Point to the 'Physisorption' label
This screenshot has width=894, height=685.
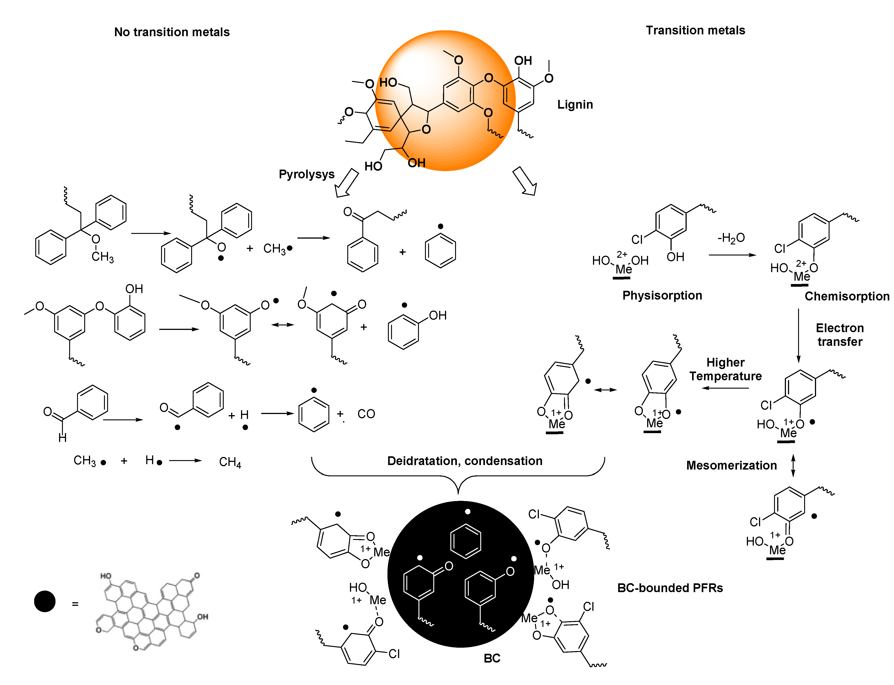662,295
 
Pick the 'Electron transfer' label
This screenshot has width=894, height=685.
839,335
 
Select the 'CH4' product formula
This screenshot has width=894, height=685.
230,462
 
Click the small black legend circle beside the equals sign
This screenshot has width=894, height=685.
44,601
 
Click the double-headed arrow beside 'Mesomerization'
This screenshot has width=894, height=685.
793,466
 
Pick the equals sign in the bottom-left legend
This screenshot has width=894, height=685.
75,604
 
